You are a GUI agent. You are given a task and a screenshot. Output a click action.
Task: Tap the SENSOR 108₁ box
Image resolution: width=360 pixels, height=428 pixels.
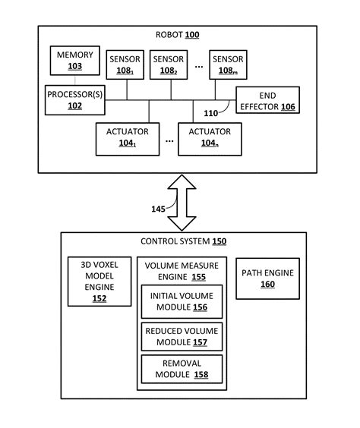point(125,65)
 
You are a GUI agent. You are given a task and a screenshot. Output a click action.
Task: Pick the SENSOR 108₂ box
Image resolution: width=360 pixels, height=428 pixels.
point(168,65)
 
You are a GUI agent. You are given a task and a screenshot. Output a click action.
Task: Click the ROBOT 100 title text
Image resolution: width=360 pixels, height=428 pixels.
point(179,36)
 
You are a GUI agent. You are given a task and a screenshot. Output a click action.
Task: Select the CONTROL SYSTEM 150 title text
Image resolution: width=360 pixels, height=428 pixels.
point(182,242)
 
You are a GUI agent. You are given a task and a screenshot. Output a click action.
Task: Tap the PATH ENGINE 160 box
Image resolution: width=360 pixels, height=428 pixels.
point(267,279)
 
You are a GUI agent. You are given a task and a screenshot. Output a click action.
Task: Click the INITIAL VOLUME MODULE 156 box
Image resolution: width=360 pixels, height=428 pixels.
point(182,302)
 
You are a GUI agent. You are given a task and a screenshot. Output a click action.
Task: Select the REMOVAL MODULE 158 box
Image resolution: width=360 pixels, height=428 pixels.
point(182,369)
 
